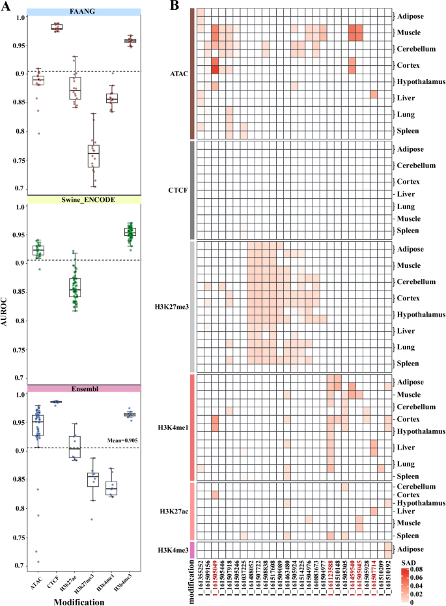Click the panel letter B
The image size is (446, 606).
pos(174,6)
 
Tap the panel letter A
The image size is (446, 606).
pos(6,6)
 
